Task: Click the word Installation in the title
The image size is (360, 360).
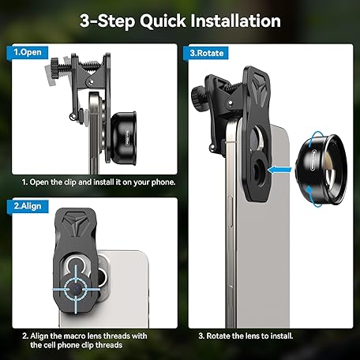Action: coord(235,21)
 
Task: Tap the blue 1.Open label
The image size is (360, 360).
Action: coord(28,52)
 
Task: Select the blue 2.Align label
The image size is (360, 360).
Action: coord(28,206)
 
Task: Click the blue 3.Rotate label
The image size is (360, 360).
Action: coord(207,53)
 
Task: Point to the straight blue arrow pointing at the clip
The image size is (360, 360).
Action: coord(279,170)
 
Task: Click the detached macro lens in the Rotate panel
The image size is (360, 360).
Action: coord(321,171)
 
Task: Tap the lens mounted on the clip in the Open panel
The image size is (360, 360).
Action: coord(124,138)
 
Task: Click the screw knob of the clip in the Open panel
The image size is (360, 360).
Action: coord(55,68)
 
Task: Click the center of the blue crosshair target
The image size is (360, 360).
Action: coord(76,289)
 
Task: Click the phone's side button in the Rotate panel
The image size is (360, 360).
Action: coord(230,212)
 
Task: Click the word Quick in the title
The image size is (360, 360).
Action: coord(163,21)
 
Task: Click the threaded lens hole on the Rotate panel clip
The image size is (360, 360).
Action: coord(260,169)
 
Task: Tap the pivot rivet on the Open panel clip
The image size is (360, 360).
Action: coord(92,82)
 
